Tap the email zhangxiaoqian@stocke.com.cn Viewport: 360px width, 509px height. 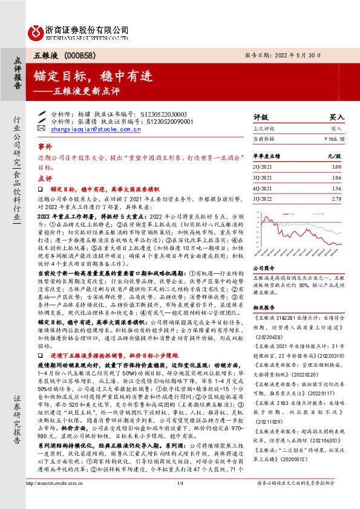pos(87,128)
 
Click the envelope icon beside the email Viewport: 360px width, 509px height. pos(41,128)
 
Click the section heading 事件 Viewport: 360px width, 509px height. pos(45,147)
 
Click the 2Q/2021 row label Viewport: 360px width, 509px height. pos(263,166)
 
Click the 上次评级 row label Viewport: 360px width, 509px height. pos(264,129)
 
